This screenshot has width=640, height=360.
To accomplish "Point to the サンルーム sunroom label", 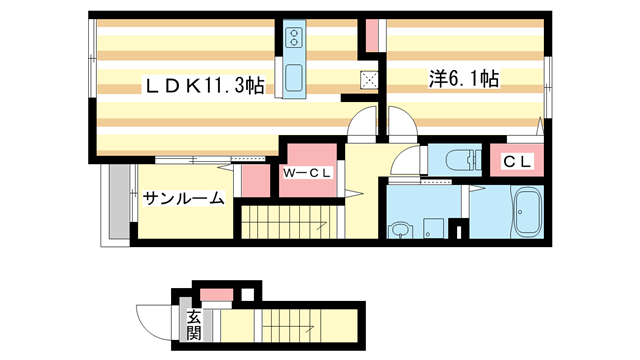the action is (x=182, y=198).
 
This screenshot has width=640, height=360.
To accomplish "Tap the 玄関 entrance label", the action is (x=193, y=325).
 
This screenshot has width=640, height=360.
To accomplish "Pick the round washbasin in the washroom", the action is (x=400, y=231).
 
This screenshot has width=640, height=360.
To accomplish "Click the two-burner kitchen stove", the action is (x=294, y=38).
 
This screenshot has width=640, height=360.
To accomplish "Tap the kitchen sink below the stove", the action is (x=294, y=76).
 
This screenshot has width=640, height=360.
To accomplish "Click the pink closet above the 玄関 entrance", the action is (x=215, y=294).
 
